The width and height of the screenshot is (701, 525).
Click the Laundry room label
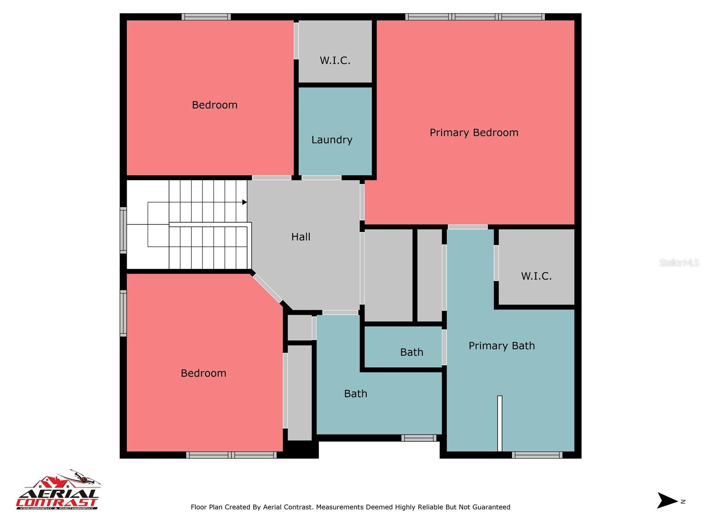tap(332, 140)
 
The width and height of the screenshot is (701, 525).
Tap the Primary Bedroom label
tap(474, 133)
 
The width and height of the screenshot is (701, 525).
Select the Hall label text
tap(301, 237)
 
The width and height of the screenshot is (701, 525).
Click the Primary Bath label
tap(502, 346)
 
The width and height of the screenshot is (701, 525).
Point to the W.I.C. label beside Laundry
tap(335, 60)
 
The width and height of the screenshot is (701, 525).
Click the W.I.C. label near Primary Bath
tap(536, 276)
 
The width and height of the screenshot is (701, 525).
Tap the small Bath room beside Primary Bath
tap(411, 352)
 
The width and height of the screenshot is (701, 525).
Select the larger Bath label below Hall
tap(355, 394)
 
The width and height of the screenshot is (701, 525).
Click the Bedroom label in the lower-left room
tap(203, 373)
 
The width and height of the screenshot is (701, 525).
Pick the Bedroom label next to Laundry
tap(214, 105)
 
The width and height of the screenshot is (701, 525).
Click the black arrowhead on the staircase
tap(244, 202)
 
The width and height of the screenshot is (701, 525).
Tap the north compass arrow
tap(667, 500)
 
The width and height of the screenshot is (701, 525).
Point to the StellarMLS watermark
tap(679, 262)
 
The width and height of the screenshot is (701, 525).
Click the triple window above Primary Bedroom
tap(475, 17)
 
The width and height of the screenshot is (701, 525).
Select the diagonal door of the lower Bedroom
tap(267, 288)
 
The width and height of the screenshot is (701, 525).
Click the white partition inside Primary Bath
tap(499, 423)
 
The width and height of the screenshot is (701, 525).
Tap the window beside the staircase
tap(124, 230)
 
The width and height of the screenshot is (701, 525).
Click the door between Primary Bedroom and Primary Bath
tap(467, 227)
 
